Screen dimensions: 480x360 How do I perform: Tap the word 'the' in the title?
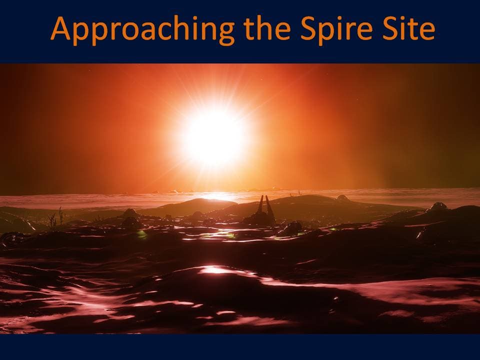267,28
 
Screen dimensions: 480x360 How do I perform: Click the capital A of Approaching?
60,28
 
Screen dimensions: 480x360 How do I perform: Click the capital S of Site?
389,28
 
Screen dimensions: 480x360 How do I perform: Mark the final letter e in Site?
427,31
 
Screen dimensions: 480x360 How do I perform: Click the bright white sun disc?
213,135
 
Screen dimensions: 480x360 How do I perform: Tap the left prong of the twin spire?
260,204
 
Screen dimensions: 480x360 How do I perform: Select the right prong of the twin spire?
269,205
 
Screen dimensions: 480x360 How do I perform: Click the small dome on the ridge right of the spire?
342,198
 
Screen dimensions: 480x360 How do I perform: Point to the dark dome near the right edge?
438,206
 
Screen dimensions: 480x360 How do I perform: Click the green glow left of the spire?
141,234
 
